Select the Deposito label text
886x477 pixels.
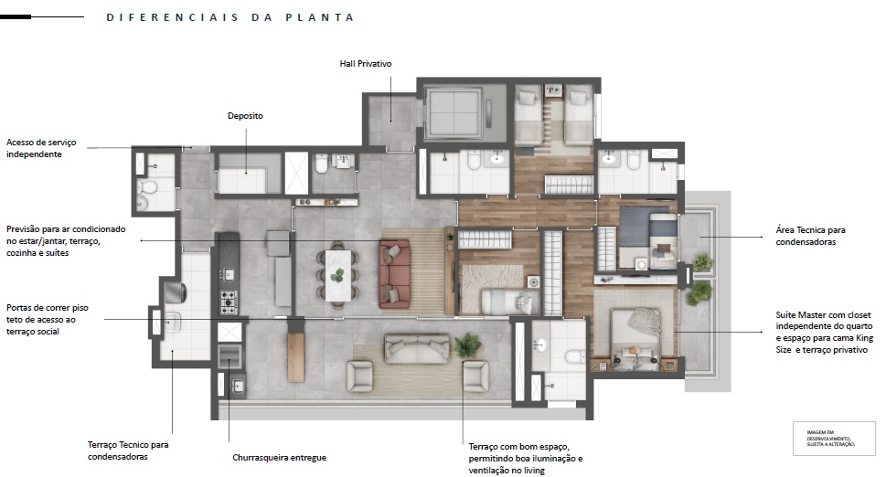245,116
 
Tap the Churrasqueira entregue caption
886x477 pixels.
280,458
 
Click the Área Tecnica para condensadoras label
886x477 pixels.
810,237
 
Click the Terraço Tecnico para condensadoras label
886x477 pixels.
128,450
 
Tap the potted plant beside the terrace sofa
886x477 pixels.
468,344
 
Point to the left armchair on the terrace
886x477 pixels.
358,374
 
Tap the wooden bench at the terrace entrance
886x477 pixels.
294,352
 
